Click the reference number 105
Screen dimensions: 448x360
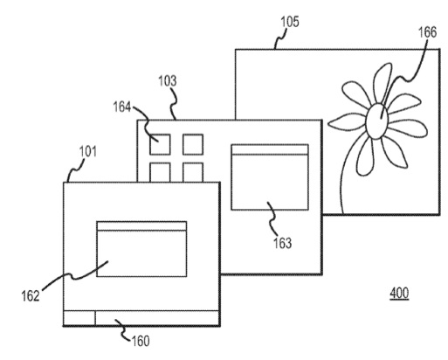[x=290, y=22]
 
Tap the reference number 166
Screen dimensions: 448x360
[x=427, y=32]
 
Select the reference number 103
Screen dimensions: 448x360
[x=168, y=81]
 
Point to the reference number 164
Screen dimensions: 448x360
[x=122, y=107]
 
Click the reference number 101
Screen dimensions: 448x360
[x=88, y=151]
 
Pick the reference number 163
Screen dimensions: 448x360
[x=282, y=243]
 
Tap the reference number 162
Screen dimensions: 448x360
[x=31, y=296]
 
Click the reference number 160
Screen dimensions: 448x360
[x=141, y=341]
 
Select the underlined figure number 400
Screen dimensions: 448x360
[x=399, y=293]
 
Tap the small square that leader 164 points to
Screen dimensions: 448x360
[x=160, y=144]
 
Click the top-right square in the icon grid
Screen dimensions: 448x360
[x=193, y=144]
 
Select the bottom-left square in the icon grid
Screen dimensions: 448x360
[x=160, y=172]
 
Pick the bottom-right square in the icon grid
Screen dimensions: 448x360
[x=193, y=172]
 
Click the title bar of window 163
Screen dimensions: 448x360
[x=270, y=149]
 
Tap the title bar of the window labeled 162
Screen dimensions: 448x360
[x=141, y=226]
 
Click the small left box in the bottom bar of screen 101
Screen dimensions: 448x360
[x=79, y=318]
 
